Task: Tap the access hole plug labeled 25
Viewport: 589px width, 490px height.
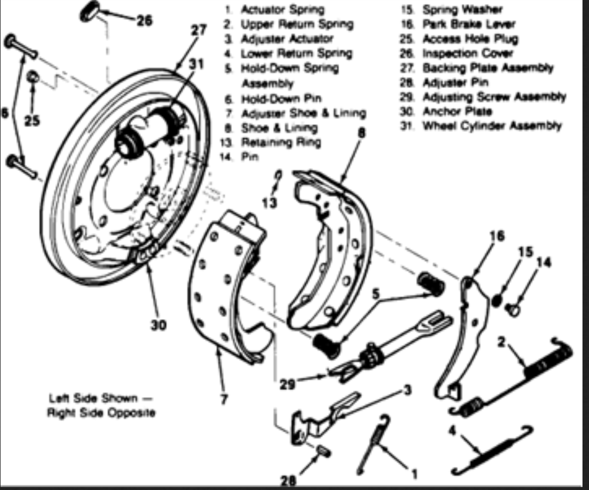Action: coord(34,77)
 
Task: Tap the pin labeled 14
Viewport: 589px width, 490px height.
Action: coord(514,308)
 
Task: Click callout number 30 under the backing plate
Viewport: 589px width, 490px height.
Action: coord(158,325)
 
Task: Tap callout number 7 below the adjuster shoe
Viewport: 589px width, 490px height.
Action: coord(224,399)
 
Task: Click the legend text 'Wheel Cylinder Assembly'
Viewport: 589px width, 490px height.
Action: coord(492,125)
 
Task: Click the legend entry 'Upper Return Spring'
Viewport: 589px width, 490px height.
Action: coord(296,24)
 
